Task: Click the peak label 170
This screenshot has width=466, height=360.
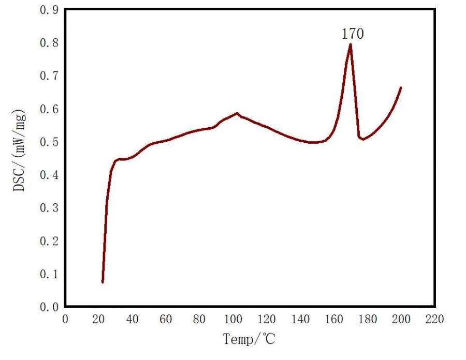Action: click(353, 34)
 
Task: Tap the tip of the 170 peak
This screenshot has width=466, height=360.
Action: click(351, 44)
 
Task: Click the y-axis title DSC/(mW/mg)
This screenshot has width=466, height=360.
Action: click(19, 151)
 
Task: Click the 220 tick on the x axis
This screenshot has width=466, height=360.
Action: click(434, 320)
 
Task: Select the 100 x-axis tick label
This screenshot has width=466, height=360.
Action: click(233, 320)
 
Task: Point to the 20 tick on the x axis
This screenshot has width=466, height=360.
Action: click(99, 320)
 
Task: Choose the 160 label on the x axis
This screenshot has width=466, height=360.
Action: click(333, 320)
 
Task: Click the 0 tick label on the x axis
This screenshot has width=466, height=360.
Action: click(65, 320)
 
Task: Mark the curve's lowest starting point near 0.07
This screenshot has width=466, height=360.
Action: click(103, 282)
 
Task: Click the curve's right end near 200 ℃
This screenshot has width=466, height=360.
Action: click(401, 88)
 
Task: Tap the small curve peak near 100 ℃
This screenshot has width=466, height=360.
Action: click(237, 113)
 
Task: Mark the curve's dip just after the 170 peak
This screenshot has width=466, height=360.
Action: click(363, 139)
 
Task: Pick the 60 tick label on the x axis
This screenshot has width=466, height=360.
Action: click(166, 320)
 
